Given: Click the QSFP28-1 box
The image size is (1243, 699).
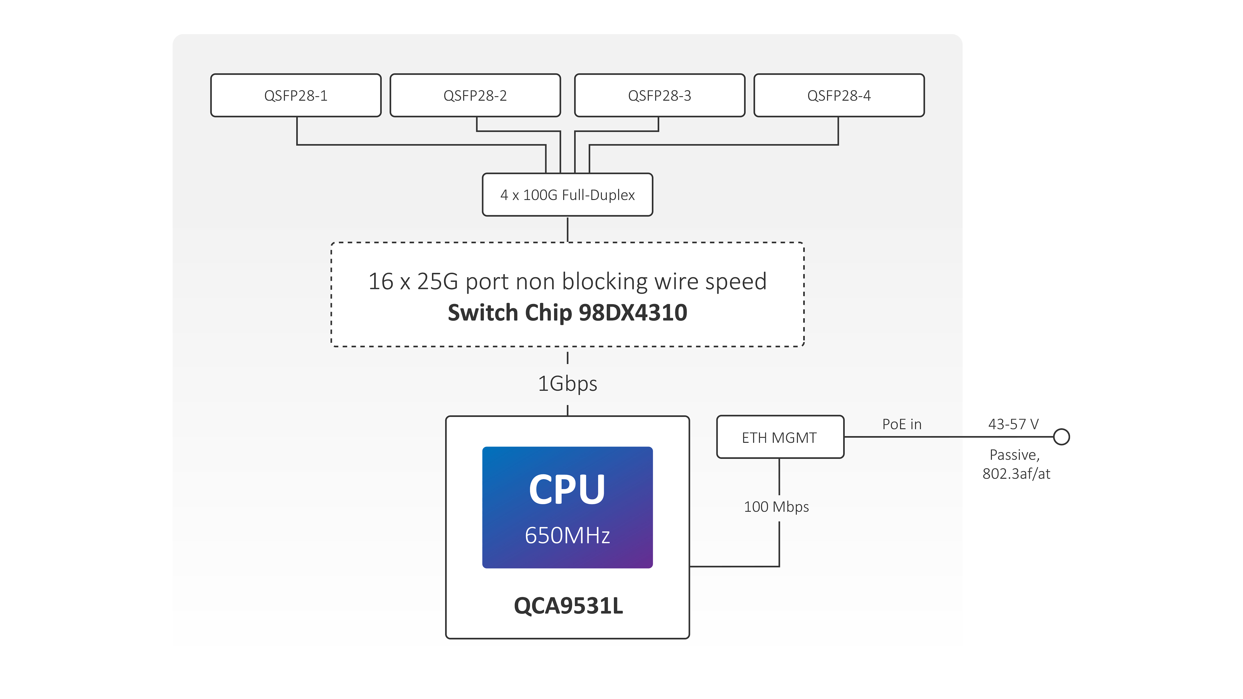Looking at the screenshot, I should (296, 96).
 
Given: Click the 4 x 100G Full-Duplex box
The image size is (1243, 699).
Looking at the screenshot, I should (567, 195).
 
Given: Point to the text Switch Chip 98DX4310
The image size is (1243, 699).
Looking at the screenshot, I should (567, 313).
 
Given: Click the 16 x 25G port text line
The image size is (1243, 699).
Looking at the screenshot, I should (567, 281).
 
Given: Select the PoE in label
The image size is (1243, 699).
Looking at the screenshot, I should (901, 424).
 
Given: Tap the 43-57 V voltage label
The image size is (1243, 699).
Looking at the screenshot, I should (1013, 424).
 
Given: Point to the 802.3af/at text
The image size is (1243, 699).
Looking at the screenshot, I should (1016, 474).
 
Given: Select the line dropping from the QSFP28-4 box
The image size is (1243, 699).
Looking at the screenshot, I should (838, 130).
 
